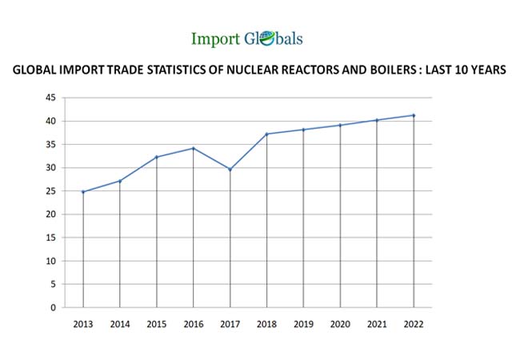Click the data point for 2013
click(82, 192)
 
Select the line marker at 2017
click(230, 170)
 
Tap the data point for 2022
click(414, 115)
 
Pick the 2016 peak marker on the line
click(193, 148)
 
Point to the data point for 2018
click(266, 134)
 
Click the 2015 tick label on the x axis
click(156, 324)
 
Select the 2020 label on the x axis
click(340, 324)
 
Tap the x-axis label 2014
click(119, 324)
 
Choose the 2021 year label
click(377, 324)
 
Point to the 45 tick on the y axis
click(50, 98)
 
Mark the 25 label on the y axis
click(50, 191)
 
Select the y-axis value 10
click(50, 261)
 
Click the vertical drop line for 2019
click(303, 224)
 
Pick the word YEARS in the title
click(486, 70)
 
